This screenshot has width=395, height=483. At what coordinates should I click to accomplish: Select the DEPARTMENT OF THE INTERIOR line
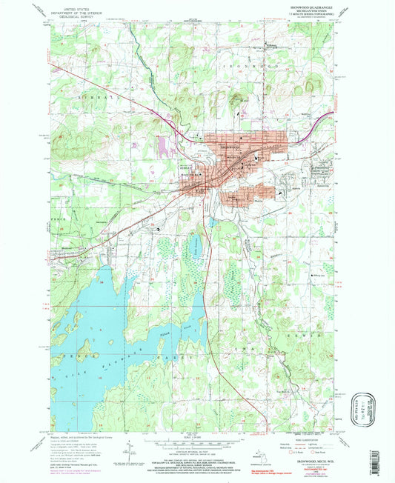pos(79,13)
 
